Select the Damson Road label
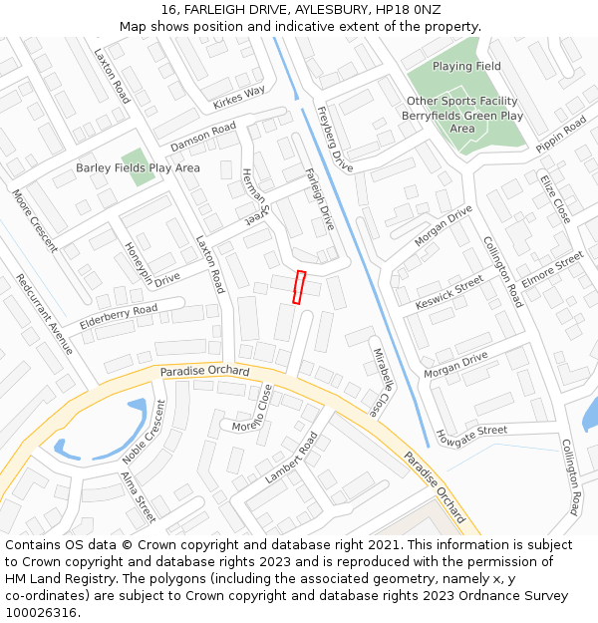pos(202,138)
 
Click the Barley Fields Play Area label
pos(138,168)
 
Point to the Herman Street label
pos(255,195)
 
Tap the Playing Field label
pos(466,67)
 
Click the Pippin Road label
pos(561,135)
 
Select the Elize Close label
pos(555,197)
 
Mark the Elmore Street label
pos(552,270)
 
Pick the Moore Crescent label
pos(35,220)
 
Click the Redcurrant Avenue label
pos(45,314)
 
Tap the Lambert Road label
pos(291,458)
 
